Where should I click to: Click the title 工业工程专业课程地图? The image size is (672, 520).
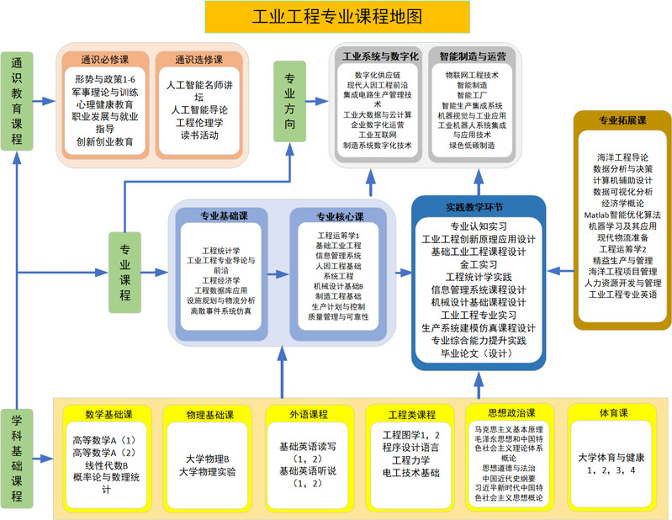click(337, 16)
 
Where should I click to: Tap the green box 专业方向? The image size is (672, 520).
click(290, 101)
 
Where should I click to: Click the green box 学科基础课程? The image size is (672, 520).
click(17, 459)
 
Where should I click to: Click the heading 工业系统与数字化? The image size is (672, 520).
click(379, 56)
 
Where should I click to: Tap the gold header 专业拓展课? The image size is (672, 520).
click(622, 120)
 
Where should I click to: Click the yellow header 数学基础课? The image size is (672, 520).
click(107, 414)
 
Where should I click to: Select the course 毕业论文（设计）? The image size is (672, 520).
click(477, 354)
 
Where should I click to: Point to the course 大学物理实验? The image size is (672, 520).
click(207, 470)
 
